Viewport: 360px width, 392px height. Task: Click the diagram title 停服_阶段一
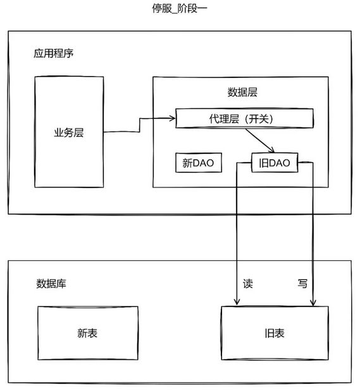point(180,8)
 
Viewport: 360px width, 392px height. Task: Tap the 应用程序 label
point(54,53)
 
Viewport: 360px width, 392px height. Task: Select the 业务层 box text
point(69,132)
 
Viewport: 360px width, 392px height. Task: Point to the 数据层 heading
point(242,92)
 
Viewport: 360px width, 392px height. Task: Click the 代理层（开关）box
point(244,118)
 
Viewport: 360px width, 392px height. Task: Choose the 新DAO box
point(199,163)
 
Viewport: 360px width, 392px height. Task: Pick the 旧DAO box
point(275,163)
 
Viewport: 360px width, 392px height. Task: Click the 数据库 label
point(51,284)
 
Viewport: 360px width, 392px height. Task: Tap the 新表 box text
point(87,333)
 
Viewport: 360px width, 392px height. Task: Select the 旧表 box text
point(275,333)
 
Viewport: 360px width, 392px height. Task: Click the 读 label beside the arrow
point(248,284)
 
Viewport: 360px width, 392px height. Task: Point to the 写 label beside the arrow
point(302,284)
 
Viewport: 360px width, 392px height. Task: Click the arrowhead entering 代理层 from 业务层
point(173,118)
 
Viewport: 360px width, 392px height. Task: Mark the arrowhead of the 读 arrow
point(237,301)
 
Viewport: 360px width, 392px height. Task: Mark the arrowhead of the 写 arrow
point(313,302)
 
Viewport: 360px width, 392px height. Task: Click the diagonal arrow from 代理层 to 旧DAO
point(260,141)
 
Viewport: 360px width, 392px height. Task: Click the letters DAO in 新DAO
point(203,163)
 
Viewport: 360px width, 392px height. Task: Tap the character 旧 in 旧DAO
point(264,163)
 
